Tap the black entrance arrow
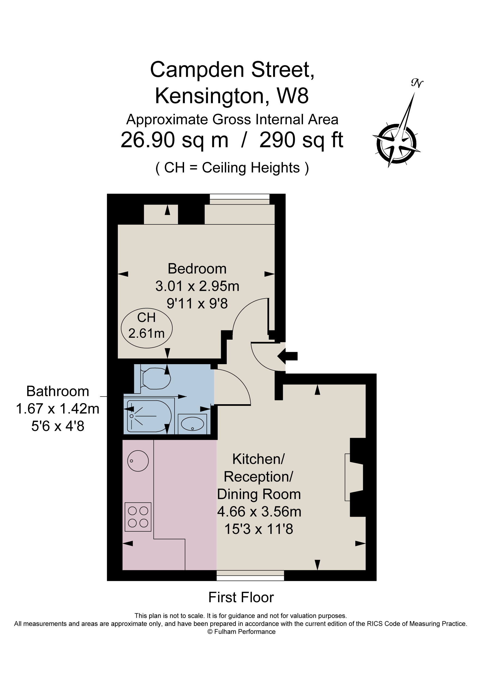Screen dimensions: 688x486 [x=288, y=356]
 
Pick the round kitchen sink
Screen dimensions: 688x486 [x=138, y=461]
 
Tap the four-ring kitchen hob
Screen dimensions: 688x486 [x=138, y=517]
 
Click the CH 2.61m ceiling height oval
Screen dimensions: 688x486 [x=146, y=328]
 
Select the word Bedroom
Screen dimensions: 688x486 [x=197, y=269]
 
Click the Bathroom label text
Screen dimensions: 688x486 [x=57, y=391]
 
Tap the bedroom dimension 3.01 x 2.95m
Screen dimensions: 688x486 [x=197, y=286]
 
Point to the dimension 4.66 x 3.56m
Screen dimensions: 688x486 [x=259, y=512]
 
